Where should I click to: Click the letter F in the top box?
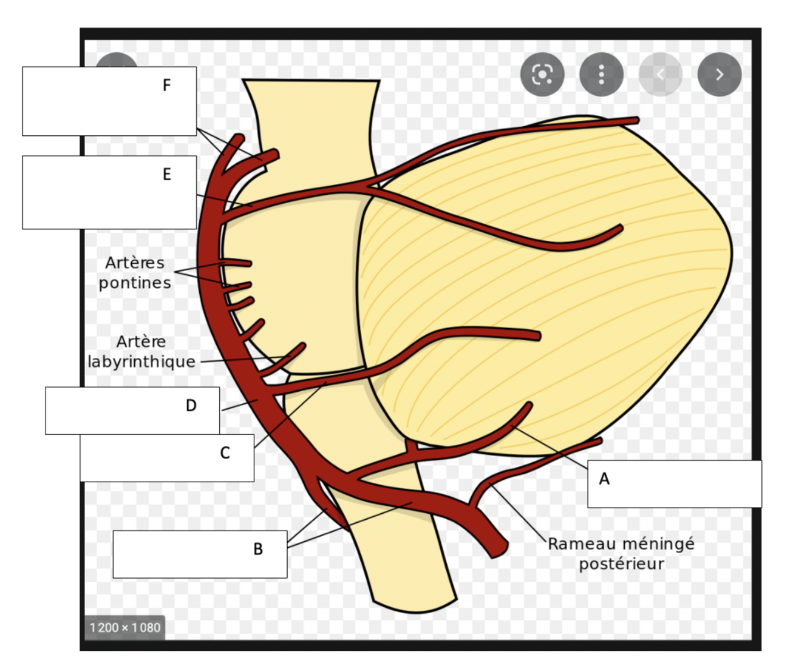(166, 86)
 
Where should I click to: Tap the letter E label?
(166, 175)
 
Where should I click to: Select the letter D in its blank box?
(191, 405)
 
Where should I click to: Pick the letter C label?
(225, 453)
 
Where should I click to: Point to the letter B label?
(258, 549)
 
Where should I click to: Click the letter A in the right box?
(604, 479)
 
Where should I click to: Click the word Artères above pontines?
(135, 263)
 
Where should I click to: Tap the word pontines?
(135, 283)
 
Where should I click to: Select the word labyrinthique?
(141, 361)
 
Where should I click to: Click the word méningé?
(659, 543)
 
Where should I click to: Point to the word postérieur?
(621, 563)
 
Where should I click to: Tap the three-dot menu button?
(601, 75)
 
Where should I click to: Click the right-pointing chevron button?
(720, 75)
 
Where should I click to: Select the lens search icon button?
(542, 75)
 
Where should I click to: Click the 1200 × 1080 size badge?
(125, 628)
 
